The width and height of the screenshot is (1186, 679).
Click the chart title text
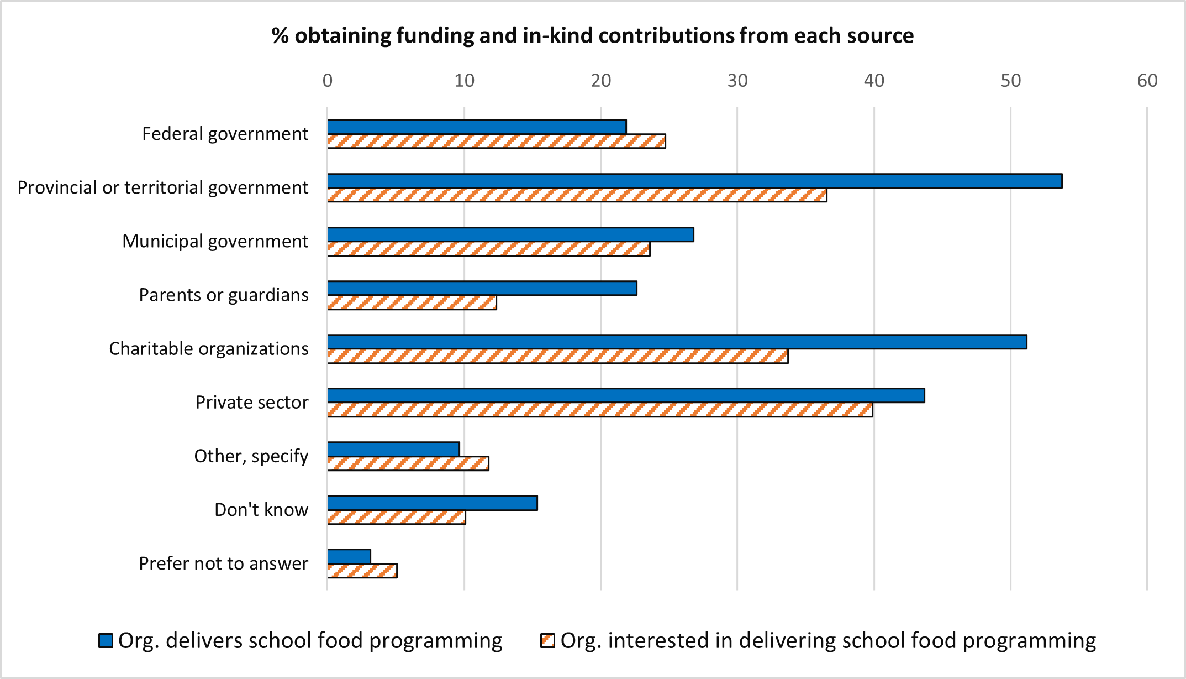pyautogui.click(x=592, y=36)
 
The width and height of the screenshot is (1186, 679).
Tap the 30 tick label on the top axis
pyautogui.click(x=737, y=81)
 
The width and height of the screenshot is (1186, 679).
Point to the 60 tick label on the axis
pyautogui.click(x=1147, y=81)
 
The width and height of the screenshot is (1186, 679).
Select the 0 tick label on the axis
pyautogui.click(x=328, y=81)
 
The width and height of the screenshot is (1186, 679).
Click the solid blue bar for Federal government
pyautogui.click(x=477, y=127)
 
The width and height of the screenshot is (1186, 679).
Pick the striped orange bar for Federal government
pyautogui.click(x=496, y=141)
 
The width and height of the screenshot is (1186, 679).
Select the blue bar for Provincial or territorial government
pyautogui.click(x=694, y=181)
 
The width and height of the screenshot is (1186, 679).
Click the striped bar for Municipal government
pyautogui.click(x=488, y=249)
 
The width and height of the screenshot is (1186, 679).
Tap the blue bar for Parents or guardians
pyautogui.click(x=482, y=288)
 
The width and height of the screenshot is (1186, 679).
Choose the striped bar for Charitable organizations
pyautogui.click(x=557, y=356)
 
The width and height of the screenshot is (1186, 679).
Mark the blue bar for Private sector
pyautogui.click(x=626, y=395)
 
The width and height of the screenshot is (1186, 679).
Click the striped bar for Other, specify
pyautogui.click(x=408, y=463)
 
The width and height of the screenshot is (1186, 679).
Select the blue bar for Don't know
pyautogui.click(x=432, y=503)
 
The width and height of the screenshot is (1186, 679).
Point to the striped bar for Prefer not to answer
pyautogui.click(x=362, y=571)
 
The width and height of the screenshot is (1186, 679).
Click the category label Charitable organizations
pyautogui.click(x=208, y=349)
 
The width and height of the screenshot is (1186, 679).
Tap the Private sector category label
pyautogui.click(x=251, y=403)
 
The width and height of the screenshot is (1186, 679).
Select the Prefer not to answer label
pyautogui.click(x=223, y=563)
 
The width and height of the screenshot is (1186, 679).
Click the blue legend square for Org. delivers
pyautogui.click(x=106, y=640)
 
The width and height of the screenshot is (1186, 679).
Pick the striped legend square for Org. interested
pyautogui.click(x=547, y=640)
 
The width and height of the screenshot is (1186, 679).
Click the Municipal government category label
pyautogui.click(x=215, y=242)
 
